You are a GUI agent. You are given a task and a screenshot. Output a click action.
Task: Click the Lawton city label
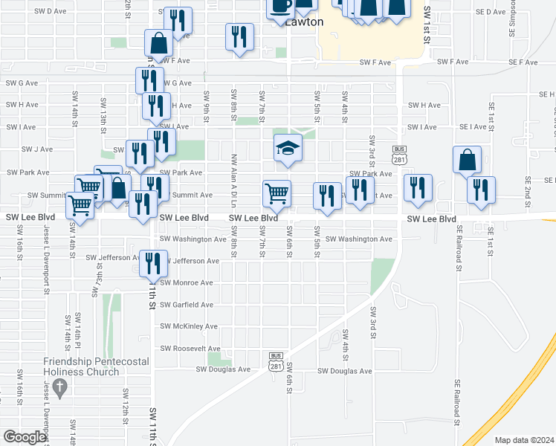(305, 22)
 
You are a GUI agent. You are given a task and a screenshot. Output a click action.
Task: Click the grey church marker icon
(61, 387)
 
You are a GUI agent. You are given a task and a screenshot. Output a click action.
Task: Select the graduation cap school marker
(288, 148)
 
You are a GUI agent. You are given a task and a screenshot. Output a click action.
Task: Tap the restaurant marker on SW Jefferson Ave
(152, 262)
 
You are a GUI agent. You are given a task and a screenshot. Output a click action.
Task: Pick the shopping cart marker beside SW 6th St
(277, 193)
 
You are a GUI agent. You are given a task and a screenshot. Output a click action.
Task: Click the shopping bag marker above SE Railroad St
(467, 160)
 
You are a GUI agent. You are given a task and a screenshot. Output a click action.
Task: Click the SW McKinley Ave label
(189, 326)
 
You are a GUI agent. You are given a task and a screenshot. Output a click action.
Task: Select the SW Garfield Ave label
(187, 305)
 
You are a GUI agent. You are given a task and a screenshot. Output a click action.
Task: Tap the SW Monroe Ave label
(187, 283)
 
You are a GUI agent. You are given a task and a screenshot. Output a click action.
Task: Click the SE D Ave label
(490, 12)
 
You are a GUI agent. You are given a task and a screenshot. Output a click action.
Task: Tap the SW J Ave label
(37, 149)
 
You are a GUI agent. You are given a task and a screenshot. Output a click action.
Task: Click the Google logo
(25, 437)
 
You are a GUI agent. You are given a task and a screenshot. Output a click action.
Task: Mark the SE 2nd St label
(527, 190)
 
